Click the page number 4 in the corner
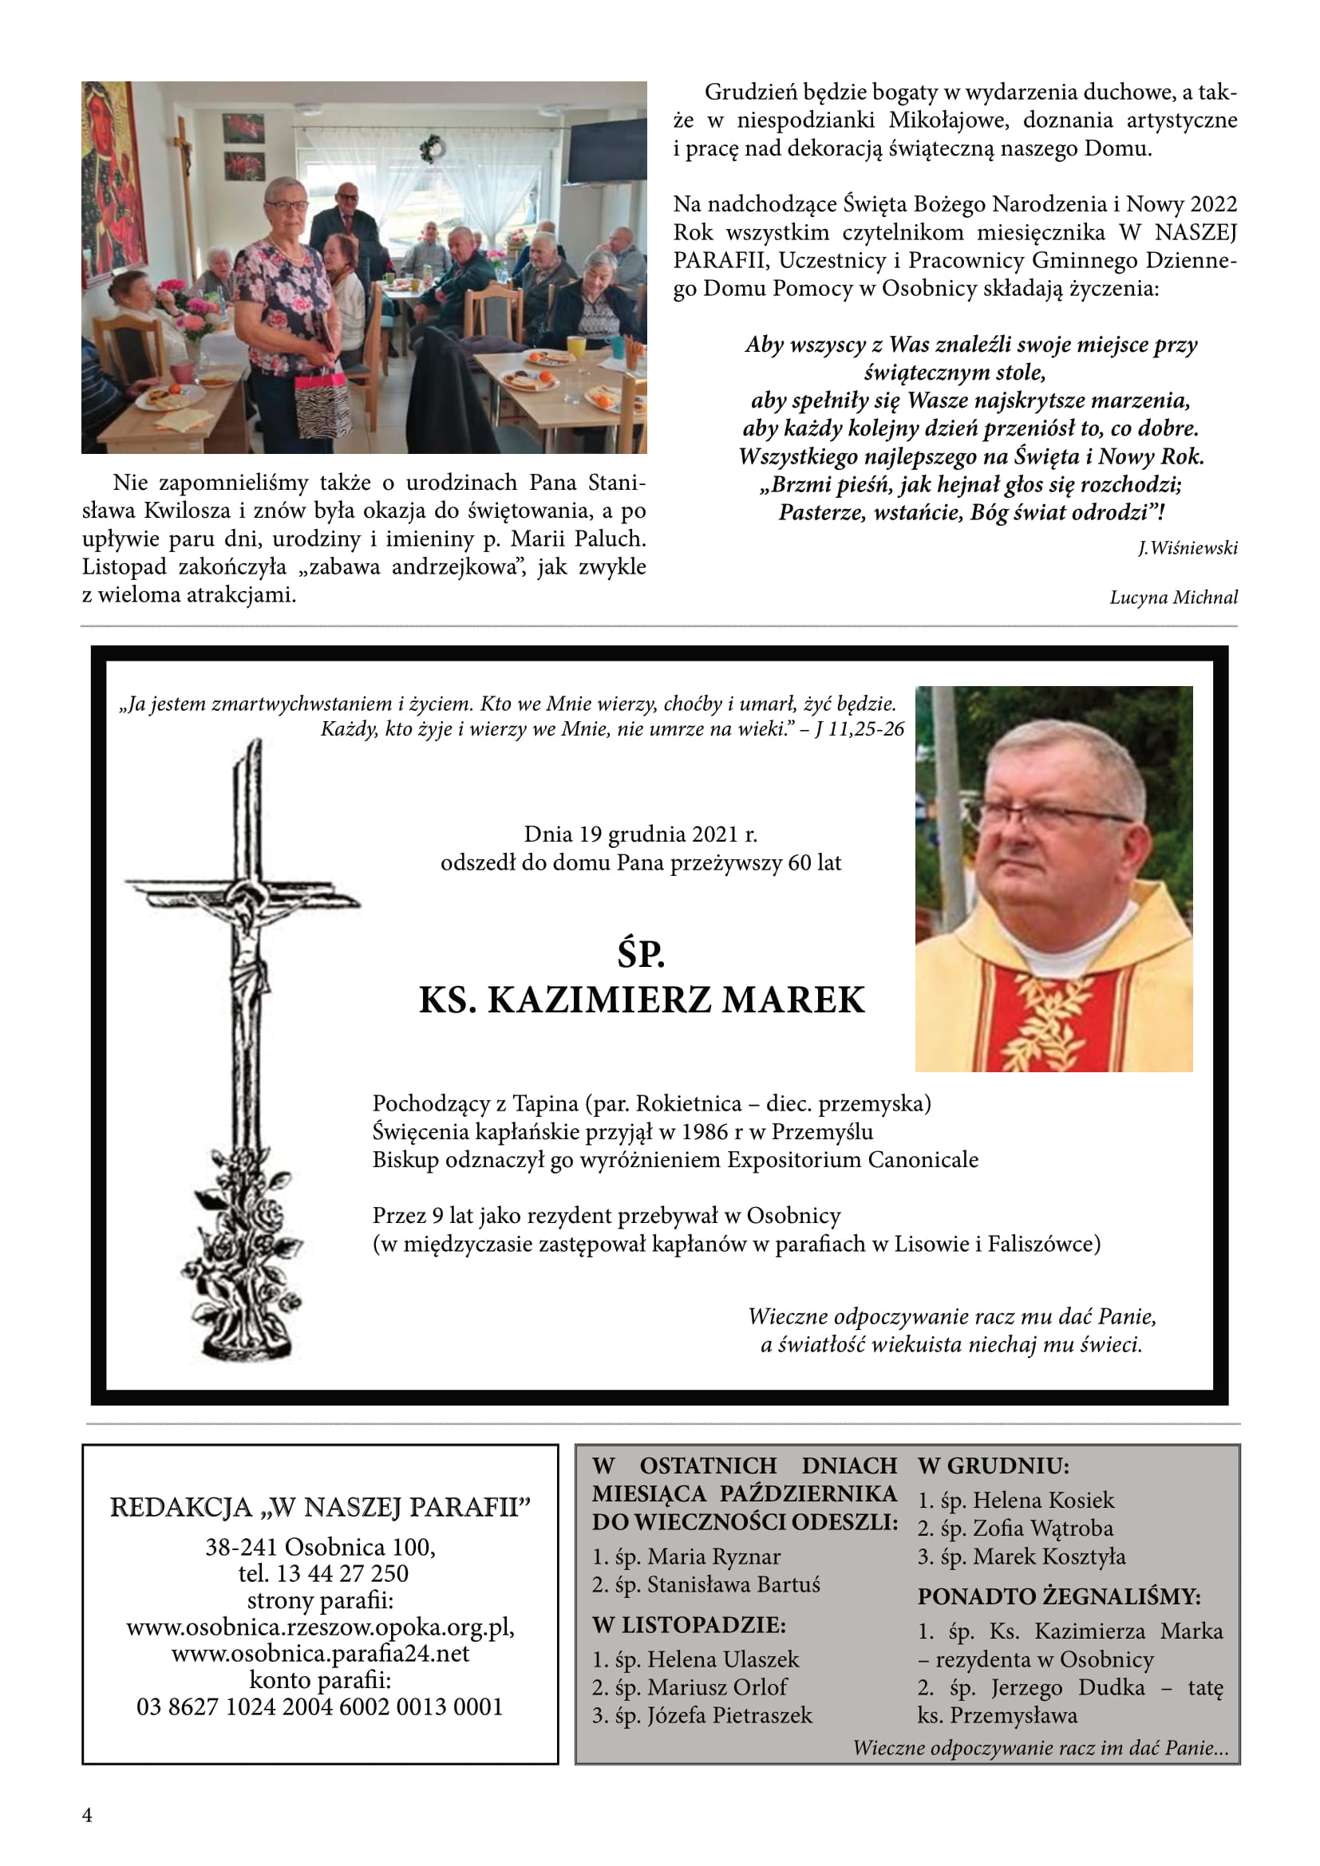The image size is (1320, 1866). click(88, 1816)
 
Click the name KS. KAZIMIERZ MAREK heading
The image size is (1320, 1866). click(642, 1000)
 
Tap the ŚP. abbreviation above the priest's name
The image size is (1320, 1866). click(641, 954)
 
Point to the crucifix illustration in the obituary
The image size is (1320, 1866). click(243, 1048)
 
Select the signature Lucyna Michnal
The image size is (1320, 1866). click(1173, 598)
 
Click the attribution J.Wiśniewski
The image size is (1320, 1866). click(1187, 549)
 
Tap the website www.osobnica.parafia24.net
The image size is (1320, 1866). click(320, 1653)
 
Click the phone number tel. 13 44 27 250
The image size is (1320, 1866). click(322, 1573)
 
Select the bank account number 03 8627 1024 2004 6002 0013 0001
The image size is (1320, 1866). click(320, 1706)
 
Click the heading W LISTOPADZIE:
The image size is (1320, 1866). click(689, 1624)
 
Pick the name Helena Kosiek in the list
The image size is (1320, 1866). click(1043, 1500)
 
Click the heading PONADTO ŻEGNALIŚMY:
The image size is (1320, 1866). click(1059, 1596)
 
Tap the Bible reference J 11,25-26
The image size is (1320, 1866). click(860, 729)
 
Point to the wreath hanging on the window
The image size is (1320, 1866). click(432, 148)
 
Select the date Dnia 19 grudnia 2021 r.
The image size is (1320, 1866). click(641, 834)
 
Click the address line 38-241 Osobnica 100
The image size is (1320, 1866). click(320, 1547)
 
